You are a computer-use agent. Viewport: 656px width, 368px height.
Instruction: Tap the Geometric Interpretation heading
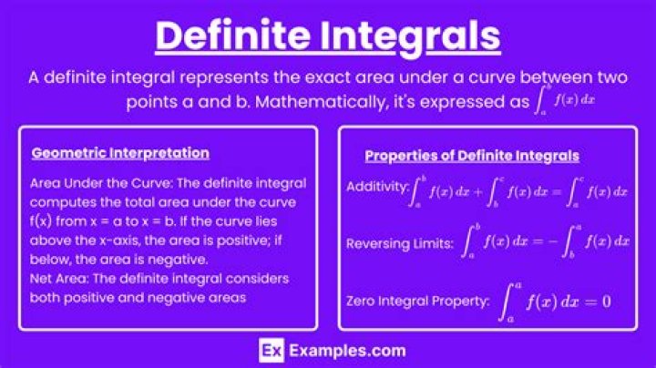[x=120, y=153]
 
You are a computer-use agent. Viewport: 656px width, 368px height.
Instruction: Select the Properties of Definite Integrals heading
[x=471, y=156]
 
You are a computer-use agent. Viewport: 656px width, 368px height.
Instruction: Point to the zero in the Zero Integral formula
[x=606, y=299]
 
